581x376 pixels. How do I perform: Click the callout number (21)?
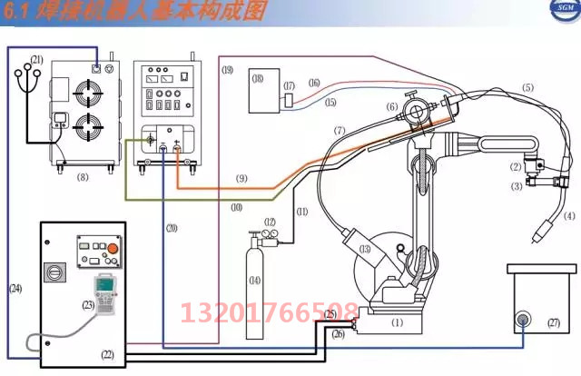[36, 59]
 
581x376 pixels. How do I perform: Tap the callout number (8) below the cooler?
[83, 177]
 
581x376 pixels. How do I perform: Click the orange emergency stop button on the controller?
[113, 248]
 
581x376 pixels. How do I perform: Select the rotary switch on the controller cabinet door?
[53, 272]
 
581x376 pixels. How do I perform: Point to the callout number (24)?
[15, 288]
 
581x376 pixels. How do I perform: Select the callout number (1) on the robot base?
[397, 321]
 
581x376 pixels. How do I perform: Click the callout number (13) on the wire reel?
[364, 249]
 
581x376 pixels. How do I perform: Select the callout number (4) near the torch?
[569, 216]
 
